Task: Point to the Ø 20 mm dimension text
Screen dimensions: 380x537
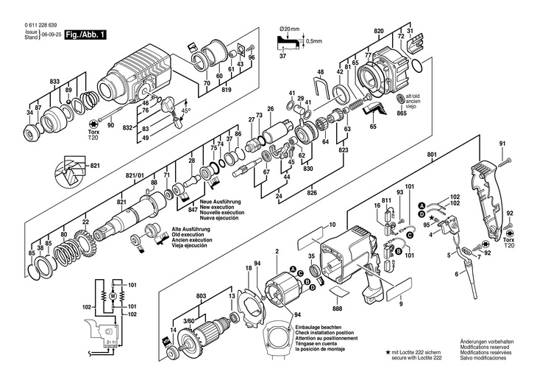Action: click(x=290, y=29)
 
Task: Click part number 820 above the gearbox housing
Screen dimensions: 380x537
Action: click(x=379, y=31)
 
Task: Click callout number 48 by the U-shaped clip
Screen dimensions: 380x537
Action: click(x=319, y=72)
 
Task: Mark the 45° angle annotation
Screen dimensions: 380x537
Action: click(x=186, y=111)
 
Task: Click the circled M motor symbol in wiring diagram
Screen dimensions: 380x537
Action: click(x=113, y=296)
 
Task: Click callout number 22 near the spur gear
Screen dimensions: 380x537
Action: click(x=85, y=222)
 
